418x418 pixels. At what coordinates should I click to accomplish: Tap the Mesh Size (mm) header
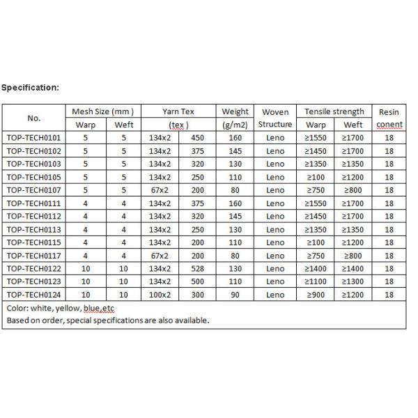[103, 111]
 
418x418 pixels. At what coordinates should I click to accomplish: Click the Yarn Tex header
[179, 111]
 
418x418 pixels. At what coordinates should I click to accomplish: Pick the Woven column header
[275, 111]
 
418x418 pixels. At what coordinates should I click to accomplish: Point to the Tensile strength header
[334, 111]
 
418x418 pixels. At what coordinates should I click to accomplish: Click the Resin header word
[389, 111]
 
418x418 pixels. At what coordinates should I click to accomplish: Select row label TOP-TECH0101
[34, 138]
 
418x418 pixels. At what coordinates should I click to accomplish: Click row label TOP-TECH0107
[34, 190]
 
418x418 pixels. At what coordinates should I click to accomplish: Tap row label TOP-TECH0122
[34, 269]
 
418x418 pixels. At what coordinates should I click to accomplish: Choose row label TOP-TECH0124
[34, 295]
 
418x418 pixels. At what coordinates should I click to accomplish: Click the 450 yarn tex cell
[199, 138]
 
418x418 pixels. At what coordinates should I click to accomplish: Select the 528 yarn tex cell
[199, 269]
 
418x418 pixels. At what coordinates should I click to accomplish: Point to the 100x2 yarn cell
[160, 295]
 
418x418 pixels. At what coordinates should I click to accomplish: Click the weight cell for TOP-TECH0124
[235, 295]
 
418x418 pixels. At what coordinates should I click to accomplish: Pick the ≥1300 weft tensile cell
[354, 282]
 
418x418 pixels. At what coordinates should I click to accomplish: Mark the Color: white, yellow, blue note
[60, 308]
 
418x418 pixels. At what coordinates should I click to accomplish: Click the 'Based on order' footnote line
[108, 320]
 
